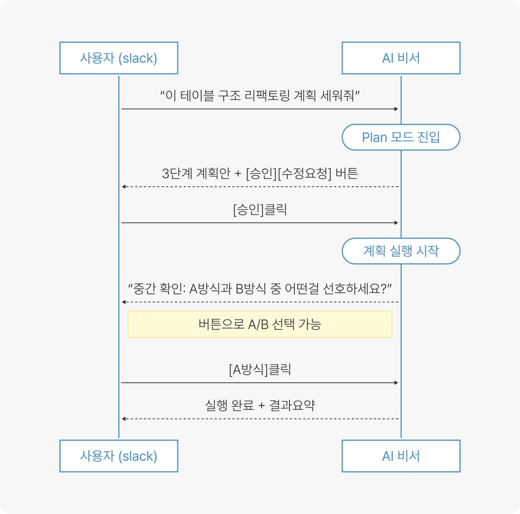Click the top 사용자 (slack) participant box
tap(119, 58)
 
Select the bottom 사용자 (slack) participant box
tap(119, 456)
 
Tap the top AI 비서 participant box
tap(401, 58)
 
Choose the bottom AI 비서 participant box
tap(401, 456)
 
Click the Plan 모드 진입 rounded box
tap(401, 137)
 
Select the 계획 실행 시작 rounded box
tap(401, 251)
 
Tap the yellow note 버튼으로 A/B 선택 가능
tap(260, 324)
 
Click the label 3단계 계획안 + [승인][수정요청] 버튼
tap(260, 173)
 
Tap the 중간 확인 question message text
tap(260, 289)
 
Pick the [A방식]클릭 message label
tap(260, 369)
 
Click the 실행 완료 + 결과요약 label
tap(260, 406)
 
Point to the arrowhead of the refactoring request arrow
tap(396, 109)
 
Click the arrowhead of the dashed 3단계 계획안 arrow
tap(123, 187)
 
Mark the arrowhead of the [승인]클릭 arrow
tap(396, 223)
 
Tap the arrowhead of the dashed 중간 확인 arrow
tap(123, 302)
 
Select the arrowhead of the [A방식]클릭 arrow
tap(396, 383)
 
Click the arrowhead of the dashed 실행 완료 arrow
tap(123, 419)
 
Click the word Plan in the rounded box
tap(374, 138)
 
